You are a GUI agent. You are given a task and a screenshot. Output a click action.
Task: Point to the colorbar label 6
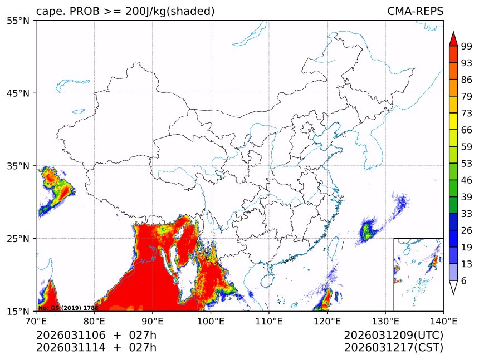click(x=464, y=281)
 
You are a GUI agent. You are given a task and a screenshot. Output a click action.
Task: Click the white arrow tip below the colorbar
click(x=453, y=288)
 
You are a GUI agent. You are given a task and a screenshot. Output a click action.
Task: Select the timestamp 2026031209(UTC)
click(x=393, y=336)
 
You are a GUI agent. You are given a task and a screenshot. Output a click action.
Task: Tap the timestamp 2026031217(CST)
click(x=393, y=348)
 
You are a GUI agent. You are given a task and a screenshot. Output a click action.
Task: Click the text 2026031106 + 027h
click(x=96, y=336)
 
